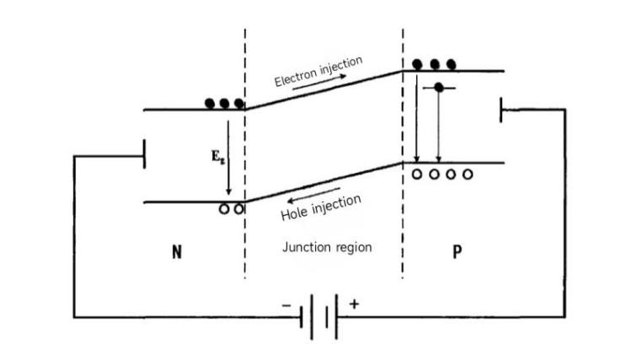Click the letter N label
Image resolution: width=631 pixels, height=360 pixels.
(176, 252)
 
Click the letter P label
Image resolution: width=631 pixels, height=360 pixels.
(457, 252)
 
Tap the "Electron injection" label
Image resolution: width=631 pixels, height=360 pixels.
(318, 71)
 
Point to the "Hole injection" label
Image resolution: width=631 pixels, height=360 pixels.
(321, 208)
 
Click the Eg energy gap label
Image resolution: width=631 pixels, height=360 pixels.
(216, 157)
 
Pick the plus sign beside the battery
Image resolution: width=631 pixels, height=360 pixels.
(353, 303)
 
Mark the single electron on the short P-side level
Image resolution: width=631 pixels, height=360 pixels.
(439, 88)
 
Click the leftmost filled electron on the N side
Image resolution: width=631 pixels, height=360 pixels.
(211, 104)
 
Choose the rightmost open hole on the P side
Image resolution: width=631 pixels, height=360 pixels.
(468, 175)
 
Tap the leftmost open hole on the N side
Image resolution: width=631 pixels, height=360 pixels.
(224, 208)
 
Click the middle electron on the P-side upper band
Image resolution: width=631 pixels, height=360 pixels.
(435, 64)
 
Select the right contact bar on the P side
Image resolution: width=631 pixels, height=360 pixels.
(501, 110)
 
